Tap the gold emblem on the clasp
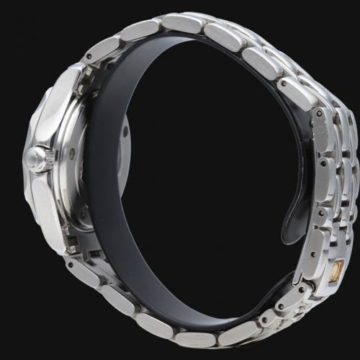[335, 271]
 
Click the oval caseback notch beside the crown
[72, 153]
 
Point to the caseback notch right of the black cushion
[124, 132]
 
